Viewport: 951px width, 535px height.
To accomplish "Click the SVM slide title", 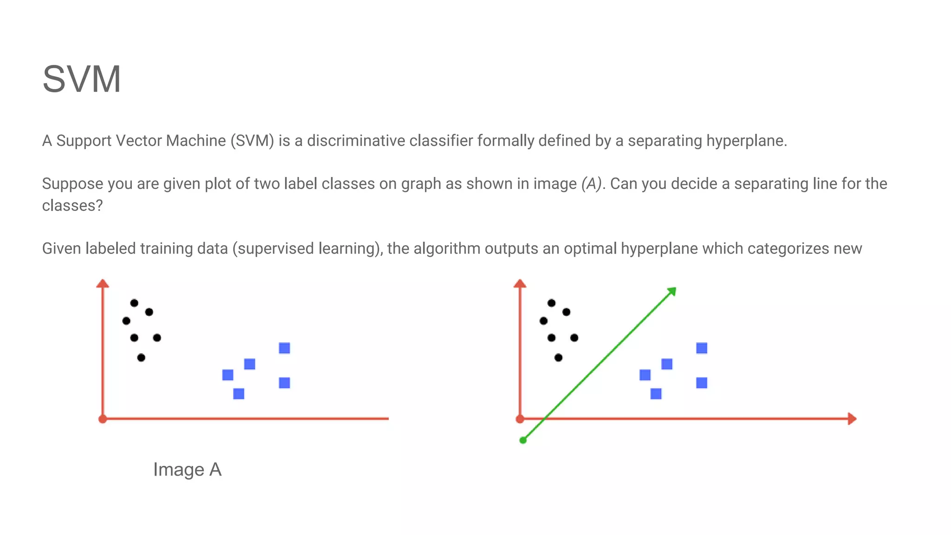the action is [82, 79].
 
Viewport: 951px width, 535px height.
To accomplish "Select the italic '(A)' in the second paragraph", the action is [591, 184].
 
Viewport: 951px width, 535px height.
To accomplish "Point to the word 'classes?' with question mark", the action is [72, 205].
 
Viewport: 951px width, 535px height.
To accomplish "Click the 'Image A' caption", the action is [187, 470].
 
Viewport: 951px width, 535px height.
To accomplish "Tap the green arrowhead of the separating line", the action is [671, 292].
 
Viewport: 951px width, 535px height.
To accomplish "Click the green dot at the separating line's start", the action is [523, 440].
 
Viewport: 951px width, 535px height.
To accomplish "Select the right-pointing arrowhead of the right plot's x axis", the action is [851, 419].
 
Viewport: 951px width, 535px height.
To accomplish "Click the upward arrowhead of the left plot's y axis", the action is [103, 283].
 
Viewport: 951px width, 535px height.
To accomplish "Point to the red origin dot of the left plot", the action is [103, 419].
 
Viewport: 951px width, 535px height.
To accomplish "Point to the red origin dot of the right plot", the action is [520, 419].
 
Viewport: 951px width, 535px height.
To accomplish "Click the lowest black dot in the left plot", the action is [141, 358].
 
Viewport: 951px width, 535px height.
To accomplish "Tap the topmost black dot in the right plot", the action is [551, 303].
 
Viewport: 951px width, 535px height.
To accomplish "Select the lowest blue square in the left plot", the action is [239, 394].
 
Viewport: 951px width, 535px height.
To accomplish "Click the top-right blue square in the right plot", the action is [702, 348].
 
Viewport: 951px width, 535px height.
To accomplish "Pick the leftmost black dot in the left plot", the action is [126, 321].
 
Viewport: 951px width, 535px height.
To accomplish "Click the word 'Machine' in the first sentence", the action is [196, 141].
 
